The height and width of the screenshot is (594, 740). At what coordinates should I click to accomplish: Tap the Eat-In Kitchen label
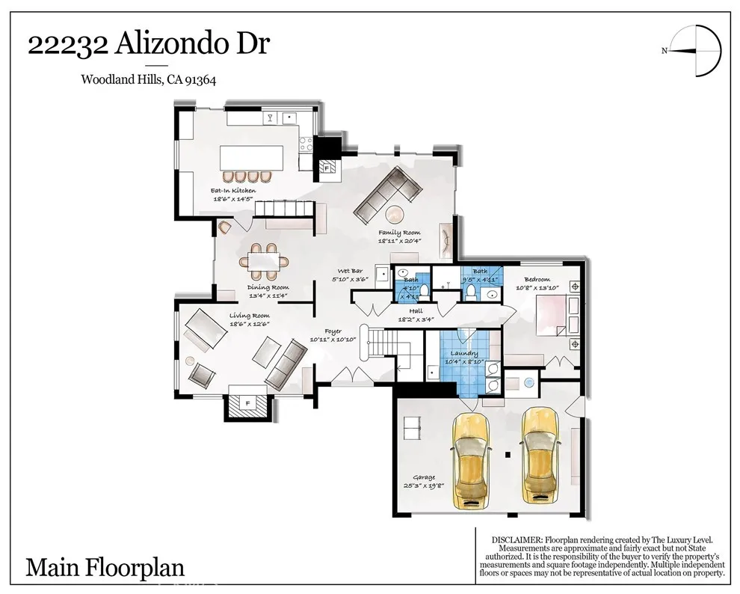coord(234,192)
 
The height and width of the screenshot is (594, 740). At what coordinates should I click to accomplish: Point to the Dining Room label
coord(268,288)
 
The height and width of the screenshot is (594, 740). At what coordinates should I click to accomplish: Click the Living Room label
coord(249,316)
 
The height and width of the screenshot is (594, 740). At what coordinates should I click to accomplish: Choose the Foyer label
coord(333,331)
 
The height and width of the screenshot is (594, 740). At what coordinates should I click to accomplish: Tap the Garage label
coord(424,477)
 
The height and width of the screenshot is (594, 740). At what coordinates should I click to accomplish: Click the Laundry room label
coord(463,354)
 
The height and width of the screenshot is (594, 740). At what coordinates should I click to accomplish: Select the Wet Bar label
coord(350,271)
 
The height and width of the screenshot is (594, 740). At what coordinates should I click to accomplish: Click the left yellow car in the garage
coord(469,457)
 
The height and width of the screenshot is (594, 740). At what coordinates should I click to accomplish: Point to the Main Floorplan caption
coord(105,567)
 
